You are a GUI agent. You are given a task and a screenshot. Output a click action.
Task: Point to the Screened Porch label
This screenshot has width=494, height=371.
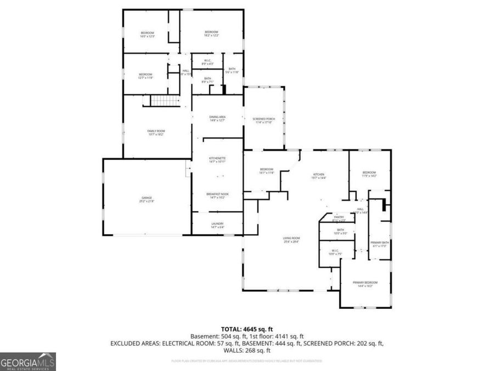(263, 120)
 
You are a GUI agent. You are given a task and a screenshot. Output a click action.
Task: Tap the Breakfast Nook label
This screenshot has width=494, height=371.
(217, 195)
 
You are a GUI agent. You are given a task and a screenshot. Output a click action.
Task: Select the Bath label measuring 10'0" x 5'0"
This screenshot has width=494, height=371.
(340, 231)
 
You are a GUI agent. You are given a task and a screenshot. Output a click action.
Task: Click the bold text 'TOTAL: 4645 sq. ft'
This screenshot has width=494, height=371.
(246, 328)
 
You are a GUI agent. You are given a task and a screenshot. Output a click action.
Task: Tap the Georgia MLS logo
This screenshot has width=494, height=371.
(27, 362)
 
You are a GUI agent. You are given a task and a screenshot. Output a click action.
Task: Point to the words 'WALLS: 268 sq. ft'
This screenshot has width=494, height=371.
(246, 350)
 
